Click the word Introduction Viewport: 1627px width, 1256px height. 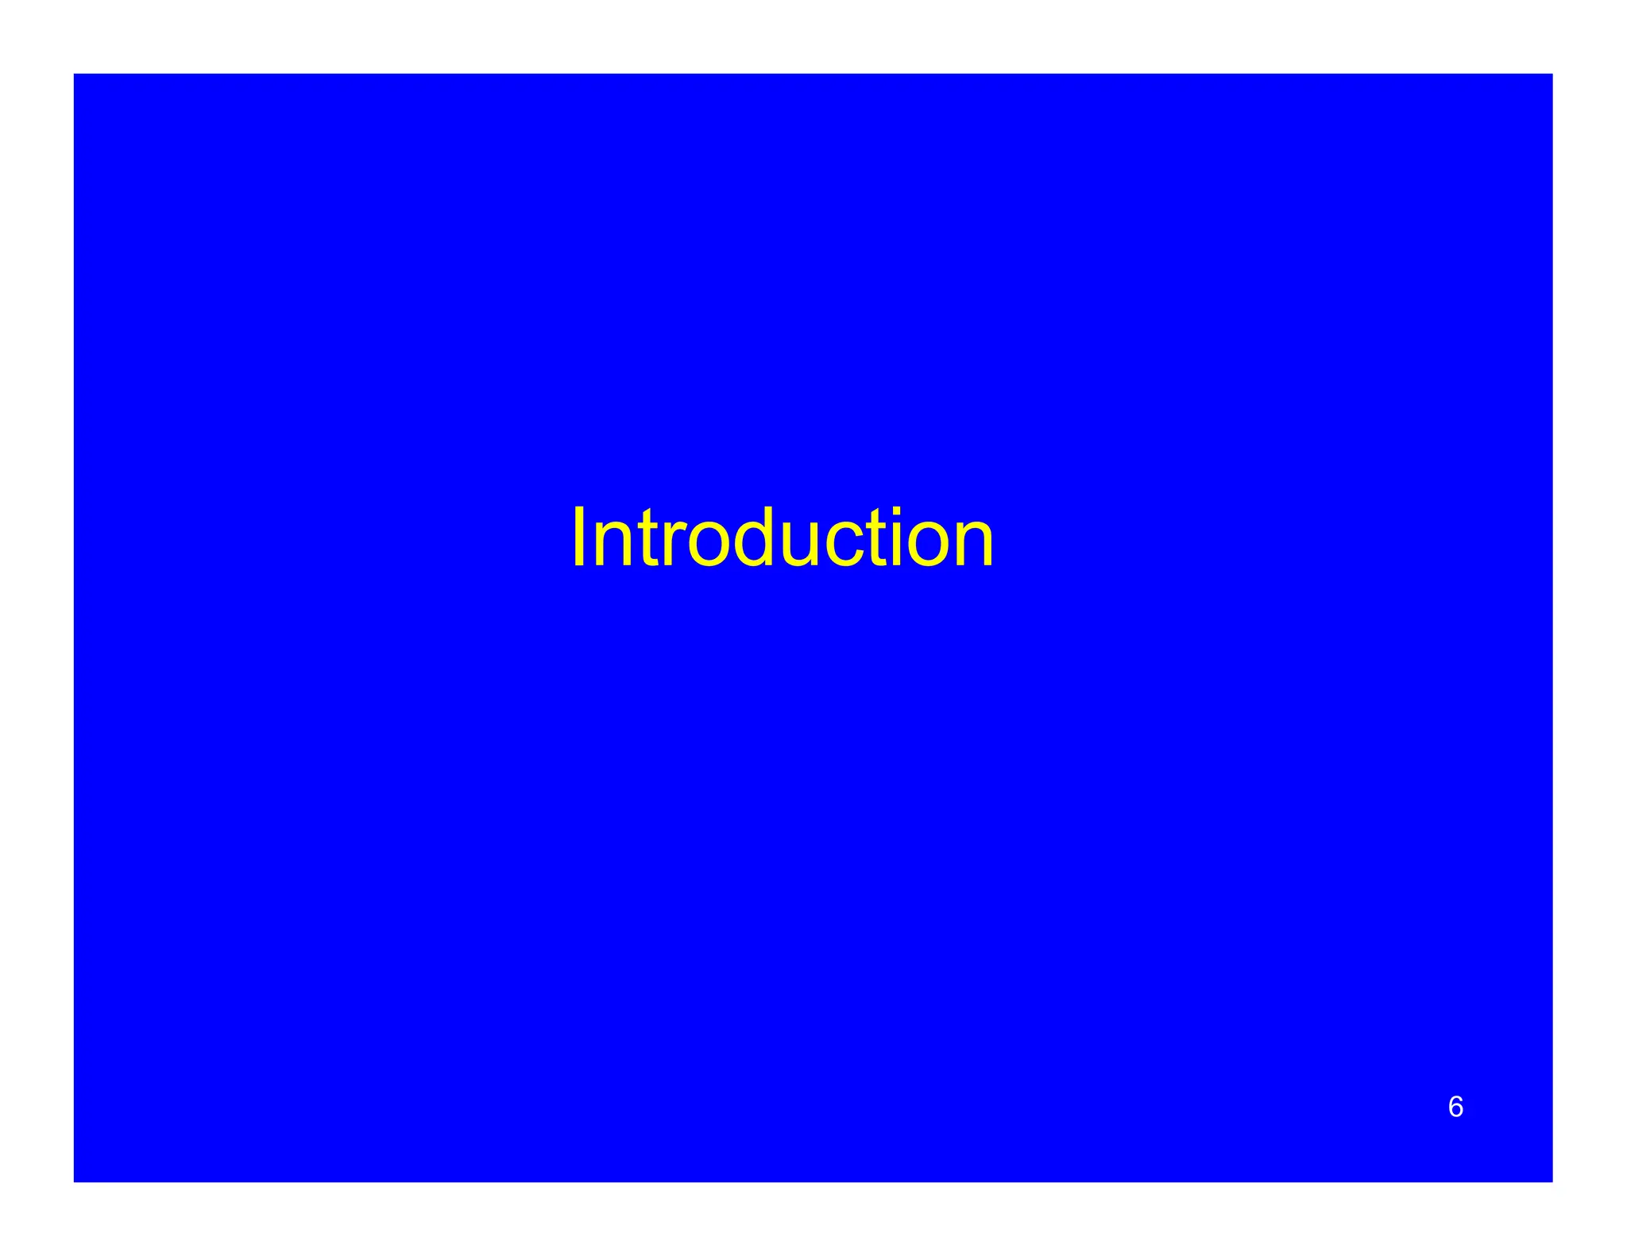[x=783, y=539]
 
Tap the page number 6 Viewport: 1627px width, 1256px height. [x=1455, y=1107]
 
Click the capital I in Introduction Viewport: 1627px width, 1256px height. [x=578, y=537]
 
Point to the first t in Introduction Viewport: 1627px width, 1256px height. [x=647, y=540]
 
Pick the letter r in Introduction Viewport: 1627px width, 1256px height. [x=671, y=546]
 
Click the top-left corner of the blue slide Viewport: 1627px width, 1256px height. [x=75, y=75]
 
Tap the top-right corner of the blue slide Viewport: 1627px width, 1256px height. [x=1552, y=75]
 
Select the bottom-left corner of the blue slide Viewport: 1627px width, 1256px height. [x=75, y=1181]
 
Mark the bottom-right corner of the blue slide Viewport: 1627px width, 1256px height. [x=1552, y=1181]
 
